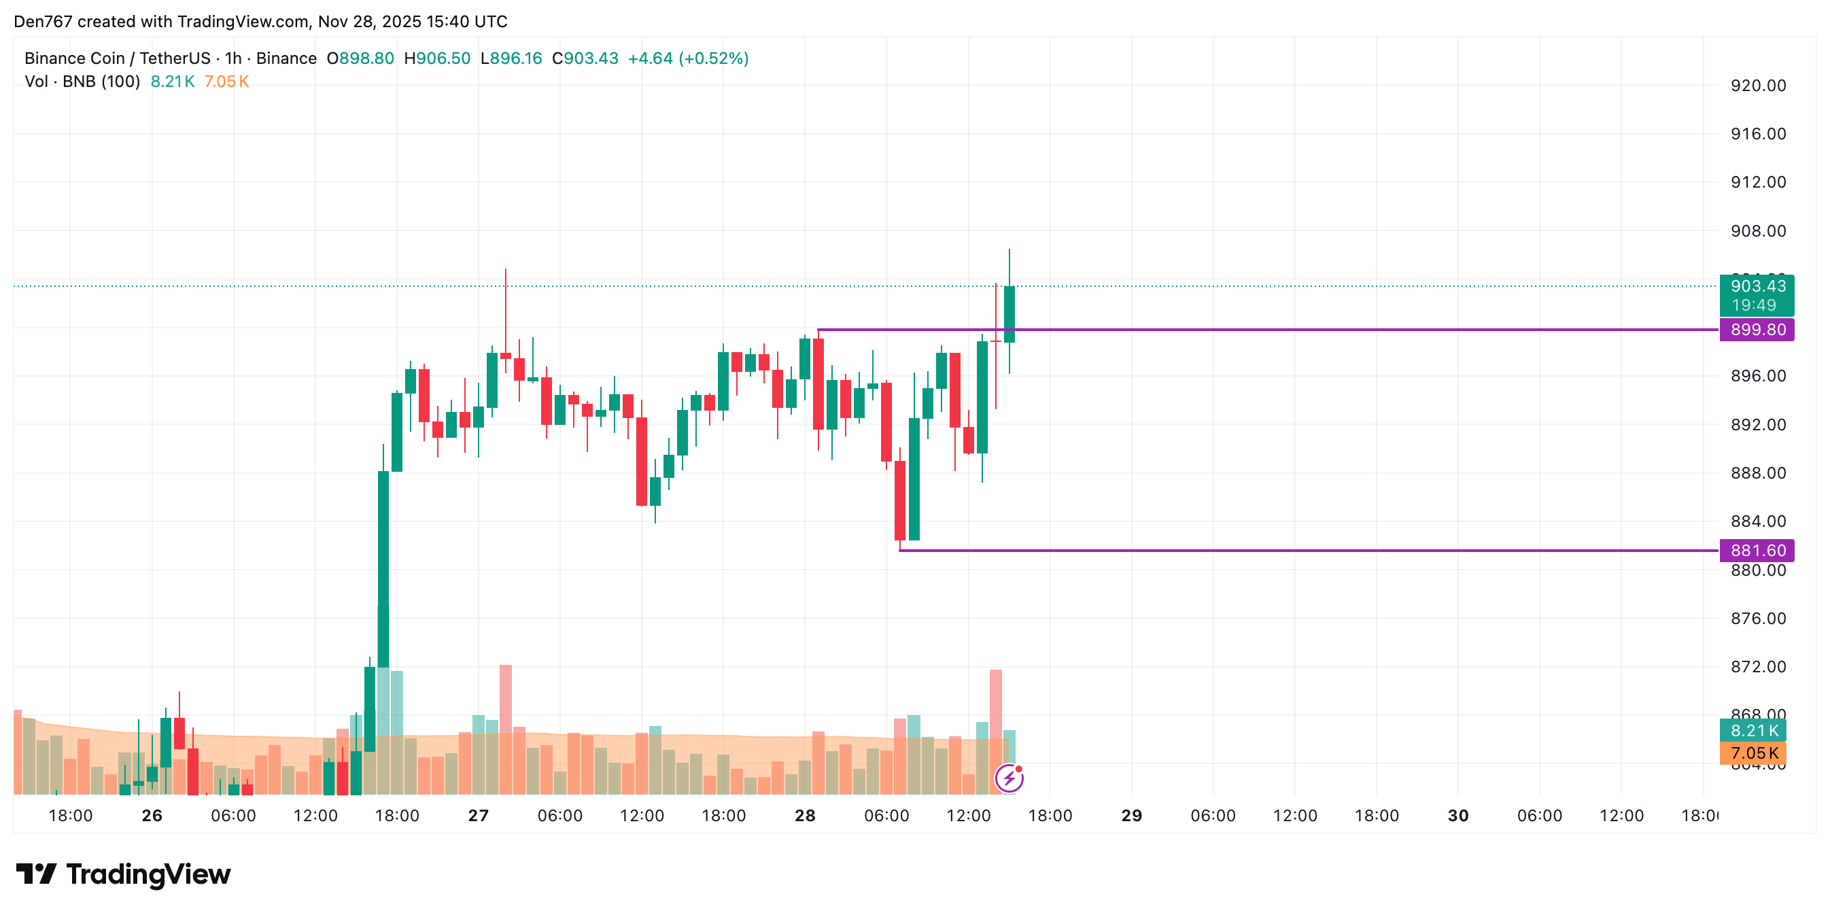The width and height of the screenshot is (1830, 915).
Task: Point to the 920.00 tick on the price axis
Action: [1757, 86]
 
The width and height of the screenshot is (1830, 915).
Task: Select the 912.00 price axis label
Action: [1757, 183]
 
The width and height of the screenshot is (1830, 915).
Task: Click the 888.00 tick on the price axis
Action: [1757, 473]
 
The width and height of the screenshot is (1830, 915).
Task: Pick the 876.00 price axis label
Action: [1757, 619]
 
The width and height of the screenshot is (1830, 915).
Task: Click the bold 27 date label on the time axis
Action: [478, 816]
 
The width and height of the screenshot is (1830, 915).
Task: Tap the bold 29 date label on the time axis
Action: [1131, 816]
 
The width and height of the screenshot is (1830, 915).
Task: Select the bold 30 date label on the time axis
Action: [1457, 816]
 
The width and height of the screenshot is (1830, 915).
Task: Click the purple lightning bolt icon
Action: [1009, 778]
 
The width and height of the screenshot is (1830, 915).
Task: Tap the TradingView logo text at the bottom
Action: [148, 874]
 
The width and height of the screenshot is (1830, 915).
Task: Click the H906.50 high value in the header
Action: [437, 58]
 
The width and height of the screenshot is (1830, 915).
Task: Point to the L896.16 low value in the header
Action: [511, 58]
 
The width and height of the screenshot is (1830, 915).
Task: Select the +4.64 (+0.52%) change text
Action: [688, 58]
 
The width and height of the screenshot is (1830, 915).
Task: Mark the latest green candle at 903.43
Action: [1009, 314]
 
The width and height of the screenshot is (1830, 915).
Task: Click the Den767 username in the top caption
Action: [43, 21]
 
